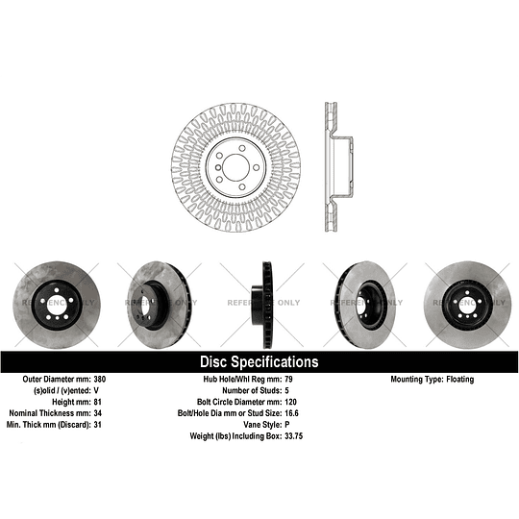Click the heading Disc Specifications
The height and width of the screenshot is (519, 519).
tap(259, 362)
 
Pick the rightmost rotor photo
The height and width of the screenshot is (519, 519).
tap(467, 301)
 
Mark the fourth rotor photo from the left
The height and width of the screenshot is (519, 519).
tap(363, 301)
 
